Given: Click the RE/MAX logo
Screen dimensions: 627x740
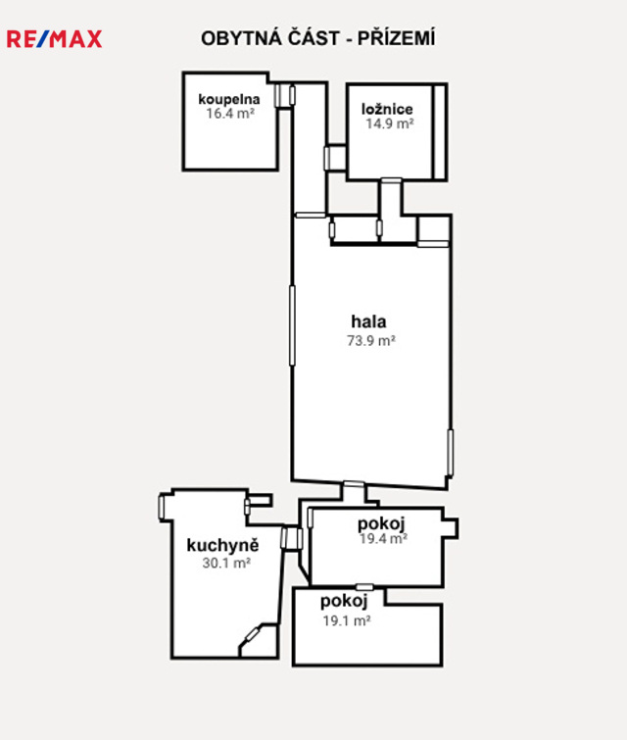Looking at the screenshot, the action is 54,39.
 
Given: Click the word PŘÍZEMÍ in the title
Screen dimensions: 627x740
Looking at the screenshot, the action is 397,38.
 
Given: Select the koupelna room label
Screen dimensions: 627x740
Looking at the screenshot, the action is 229,99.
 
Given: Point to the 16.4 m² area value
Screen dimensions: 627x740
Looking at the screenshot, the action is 230,114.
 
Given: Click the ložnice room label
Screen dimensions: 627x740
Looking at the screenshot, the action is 387,109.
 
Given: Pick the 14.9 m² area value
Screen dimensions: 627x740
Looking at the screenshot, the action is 390,123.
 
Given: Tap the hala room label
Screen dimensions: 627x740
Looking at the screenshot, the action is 368,321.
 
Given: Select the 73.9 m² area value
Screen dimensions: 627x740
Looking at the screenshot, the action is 371,340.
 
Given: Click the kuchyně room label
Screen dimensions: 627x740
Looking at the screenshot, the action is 222,545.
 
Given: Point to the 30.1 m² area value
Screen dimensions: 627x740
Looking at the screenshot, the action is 226,563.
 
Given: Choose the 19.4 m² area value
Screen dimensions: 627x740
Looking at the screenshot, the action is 384,538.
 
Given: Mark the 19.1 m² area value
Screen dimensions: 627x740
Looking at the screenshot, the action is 347,620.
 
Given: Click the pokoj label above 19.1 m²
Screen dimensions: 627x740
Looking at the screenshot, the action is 344,601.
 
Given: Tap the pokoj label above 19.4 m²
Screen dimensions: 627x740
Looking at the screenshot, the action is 381,523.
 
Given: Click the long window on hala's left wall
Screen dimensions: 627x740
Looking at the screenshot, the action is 292,325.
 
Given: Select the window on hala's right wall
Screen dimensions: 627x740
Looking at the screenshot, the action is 450,453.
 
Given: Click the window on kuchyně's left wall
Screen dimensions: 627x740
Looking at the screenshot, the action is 161,507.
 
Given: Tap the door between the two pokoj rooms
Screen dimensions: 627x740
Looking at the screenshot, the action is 364,587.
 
